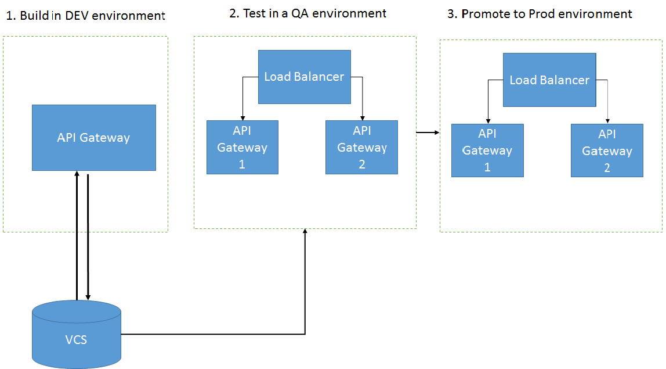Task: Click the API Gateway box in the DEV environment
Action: click(94, 138)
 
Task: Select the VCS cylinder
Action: click(77, 335)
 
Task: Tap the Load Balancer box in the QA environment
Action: click(305, 77)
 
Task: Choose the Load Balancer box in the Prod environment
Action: click(549, 80)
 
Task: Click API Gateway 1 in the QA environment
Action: click(242, 147)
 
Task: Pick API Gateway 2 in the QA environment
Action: click(362, 147)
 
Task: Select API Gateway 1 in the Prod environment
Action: click(487, 151)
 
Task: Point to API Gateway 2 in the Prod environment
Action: click(607, 151)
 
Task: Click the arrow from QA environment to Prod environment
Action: click(428, 132)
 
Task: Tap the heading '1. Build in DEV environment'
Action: click(85, 16)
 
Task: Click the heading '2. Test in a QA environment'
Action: click(308, 13)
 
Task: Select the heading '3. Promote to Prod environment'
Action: click(540, 14)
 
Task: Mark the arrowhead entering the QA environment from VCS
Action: click(305, 231)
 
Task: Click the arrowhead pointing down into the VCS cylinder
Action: click(88, 298)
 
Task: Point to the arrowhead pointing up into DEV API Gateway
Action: click(77, 174)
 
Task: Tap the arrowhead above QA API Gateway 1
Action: click(243, 118)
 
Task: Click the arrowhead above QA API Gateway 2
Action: click(363, 118)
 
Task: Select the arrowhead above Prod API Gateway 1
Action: click(488, 121)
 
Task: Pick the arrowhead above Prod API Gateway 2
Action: click(607, 121)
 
